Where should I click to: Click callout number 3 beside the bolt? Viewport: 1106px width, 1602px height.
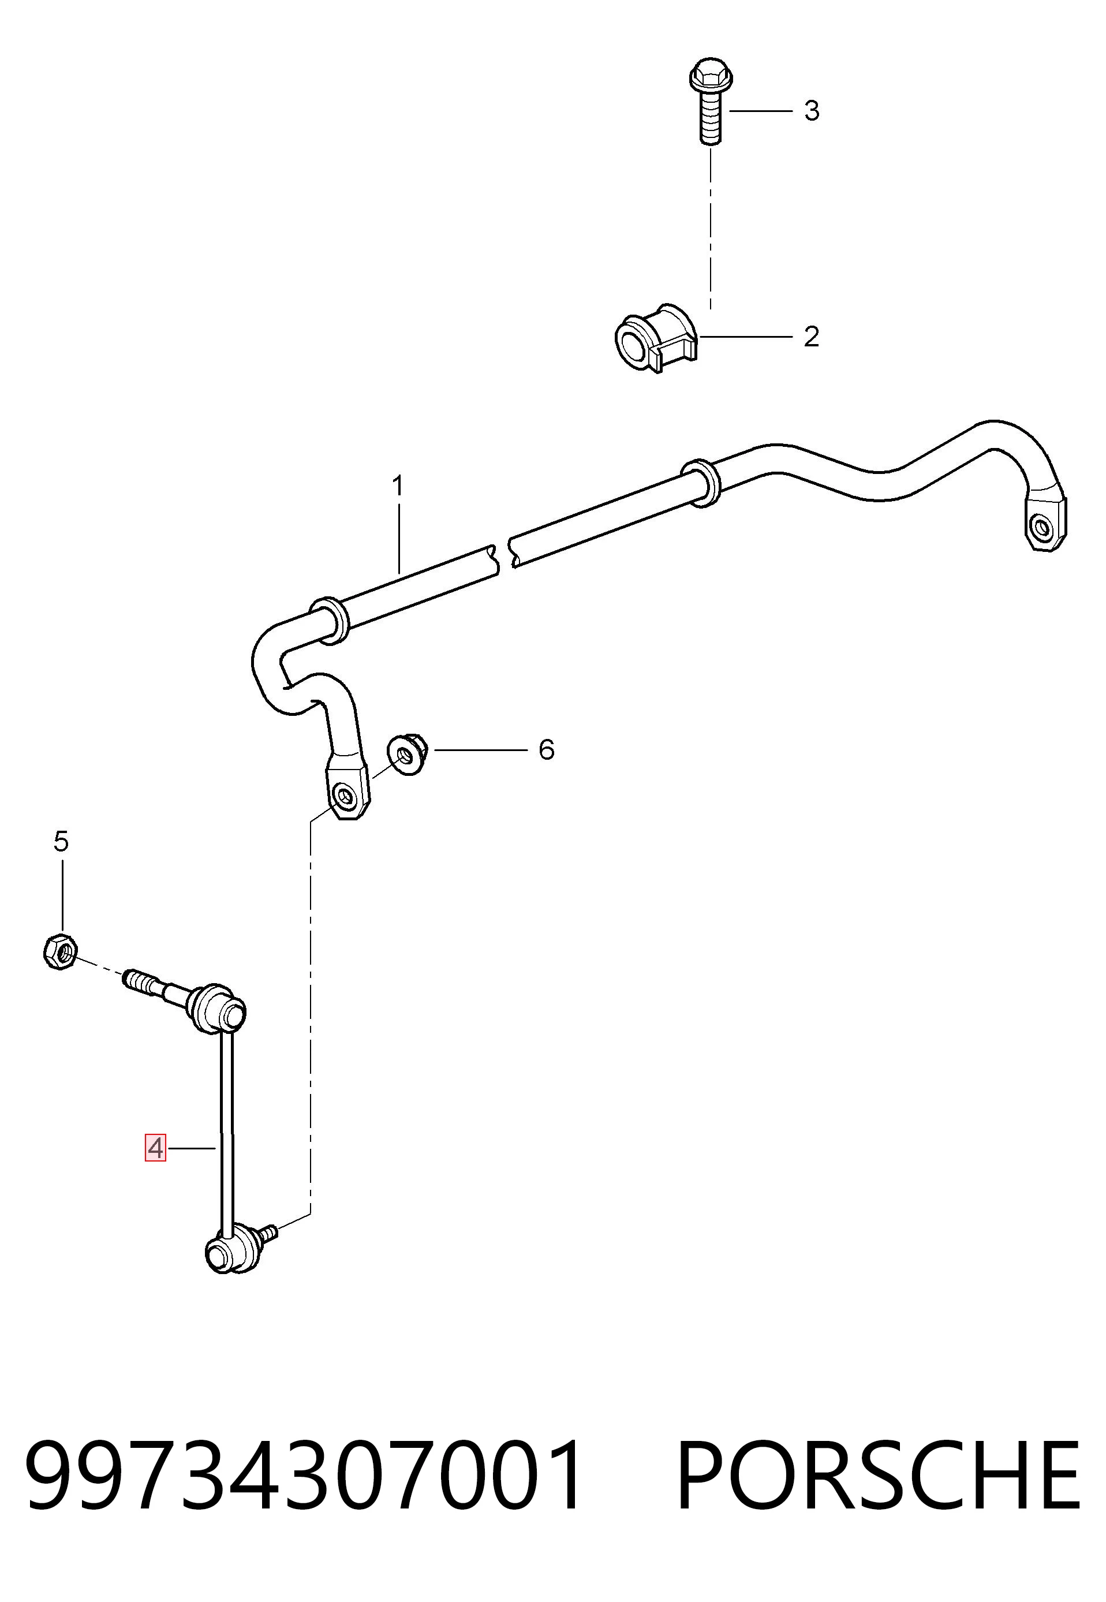pos(812,111)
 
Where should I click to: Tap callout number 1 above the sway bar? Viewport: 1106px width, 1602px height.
pos(398,486)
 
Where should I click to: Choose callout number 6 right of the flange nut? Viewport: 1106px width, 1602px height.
pos(547,750)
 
